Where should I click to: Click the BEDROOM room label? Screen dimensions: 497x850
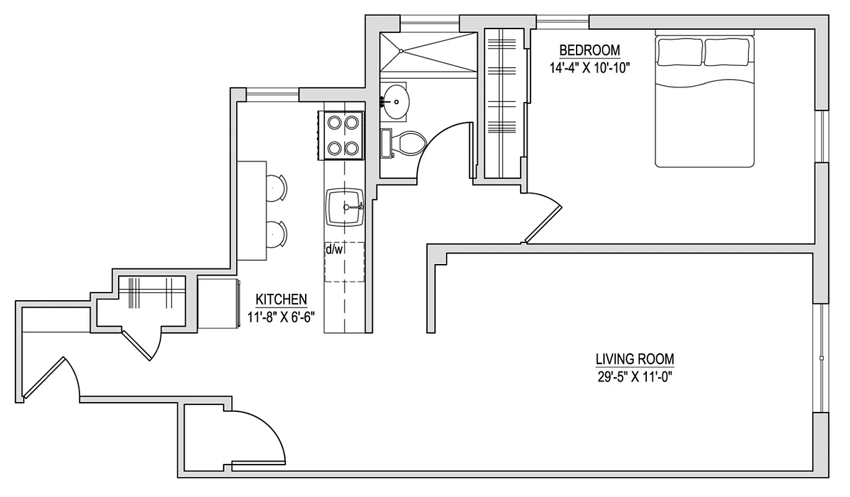(590, 50)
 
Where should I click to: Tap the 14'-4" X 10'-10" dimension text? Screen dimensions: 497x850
(590, 68)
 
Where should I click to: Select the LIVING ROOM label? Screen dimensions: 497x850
(634, 359)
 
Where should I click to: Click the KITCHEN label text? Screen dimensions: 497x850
(281, 299)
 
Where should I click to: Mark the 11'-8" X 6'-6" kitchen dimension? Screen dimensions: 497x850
(281, 315)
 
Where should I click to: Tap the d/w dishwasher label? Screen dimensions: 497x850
(334, 250)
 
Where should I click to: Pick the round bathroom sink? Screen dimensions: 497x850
(395, 101)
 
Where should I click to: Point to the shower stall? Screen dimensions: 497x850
(427, 52)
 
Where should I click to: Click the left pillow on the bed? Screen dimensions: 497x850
(680, 52)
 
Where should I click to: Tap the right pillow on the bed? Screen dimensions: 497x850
(728, 52)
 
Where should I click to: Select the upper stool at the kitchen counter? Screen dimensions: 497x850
(276, 188)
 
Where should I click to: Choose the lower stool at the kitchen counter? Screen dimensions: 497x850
(276, 233)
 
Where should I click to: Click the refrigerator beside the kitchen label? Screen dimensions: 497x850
(219, 303)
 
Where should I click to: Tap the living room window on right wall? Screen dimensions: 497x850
(821, 358)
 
